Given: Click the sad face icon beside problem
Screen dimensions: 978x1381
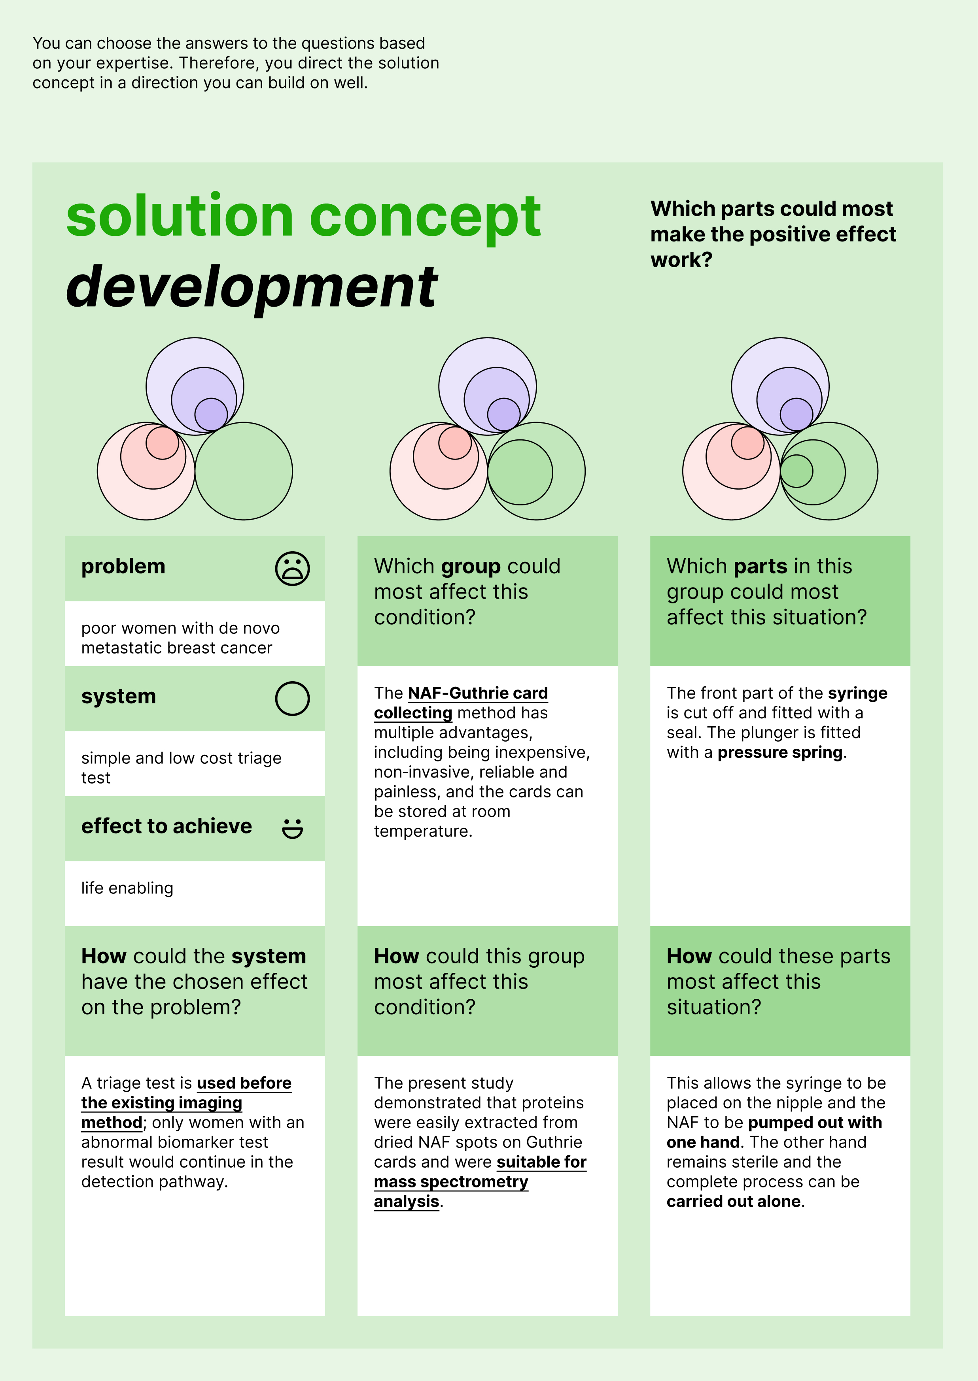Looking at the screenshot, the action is (x=292, y=569).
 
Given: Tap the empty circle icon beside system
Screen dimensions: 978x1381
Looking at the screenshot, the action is (x=292, y=699).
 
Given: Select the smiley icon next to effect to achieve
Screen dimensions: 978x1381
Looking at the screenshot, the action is (x=293, y=828).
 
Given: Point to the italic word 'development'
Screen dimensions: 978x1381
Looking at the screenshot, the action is (x=252, y=288).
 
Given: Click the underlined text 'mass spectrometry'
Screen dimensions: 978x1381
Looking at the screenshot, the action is (x=451, y=1182).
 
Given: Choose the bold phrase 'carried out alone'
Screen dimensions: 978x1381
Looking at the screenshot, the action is (x=734, y=1202).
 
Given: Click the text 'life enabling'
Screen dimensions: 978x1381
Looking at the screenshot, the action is (x=127, y=888).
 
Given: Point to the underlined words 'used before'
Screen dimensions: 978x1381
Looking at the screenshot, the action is (x=244, y=1083).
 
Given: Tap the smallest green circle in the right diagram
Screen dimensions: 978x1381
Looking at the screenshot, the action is (x=797, y=471).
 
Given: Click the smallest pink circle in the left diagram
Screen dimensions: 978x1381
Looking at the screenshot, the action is (x=162, y=443).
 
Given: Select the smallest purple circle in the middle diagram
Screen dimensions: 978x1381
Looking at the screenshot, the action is (x=503, y=414).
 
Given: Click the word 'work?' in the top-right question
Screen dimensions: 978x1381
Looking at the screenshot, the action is (x=681, y=260).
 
